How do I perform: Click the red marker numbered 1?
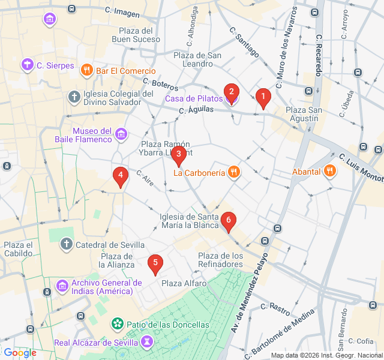point(262,97)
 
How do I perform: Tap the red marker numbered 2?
point(230,92)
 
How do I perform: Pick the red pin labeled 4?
point(121,176)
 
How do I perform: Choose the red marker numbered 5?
point(155,263)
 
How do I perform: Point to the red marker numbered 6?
point(228,221)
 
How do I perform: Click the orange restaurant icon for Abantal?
point(329,172)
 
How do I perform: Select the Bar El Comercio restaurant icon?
point(87,71)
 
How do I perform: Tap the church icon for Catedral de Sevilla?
point(67,244)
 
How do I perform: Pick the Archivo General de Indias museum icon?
point(62,286)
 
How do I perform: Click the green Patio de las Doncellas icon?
point(118,325)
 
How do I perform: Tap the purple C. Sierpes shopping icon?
point(27,65)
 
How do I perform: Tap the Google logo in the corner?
point(20,353)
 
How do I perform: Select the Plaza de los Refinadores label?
point(221,260)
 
